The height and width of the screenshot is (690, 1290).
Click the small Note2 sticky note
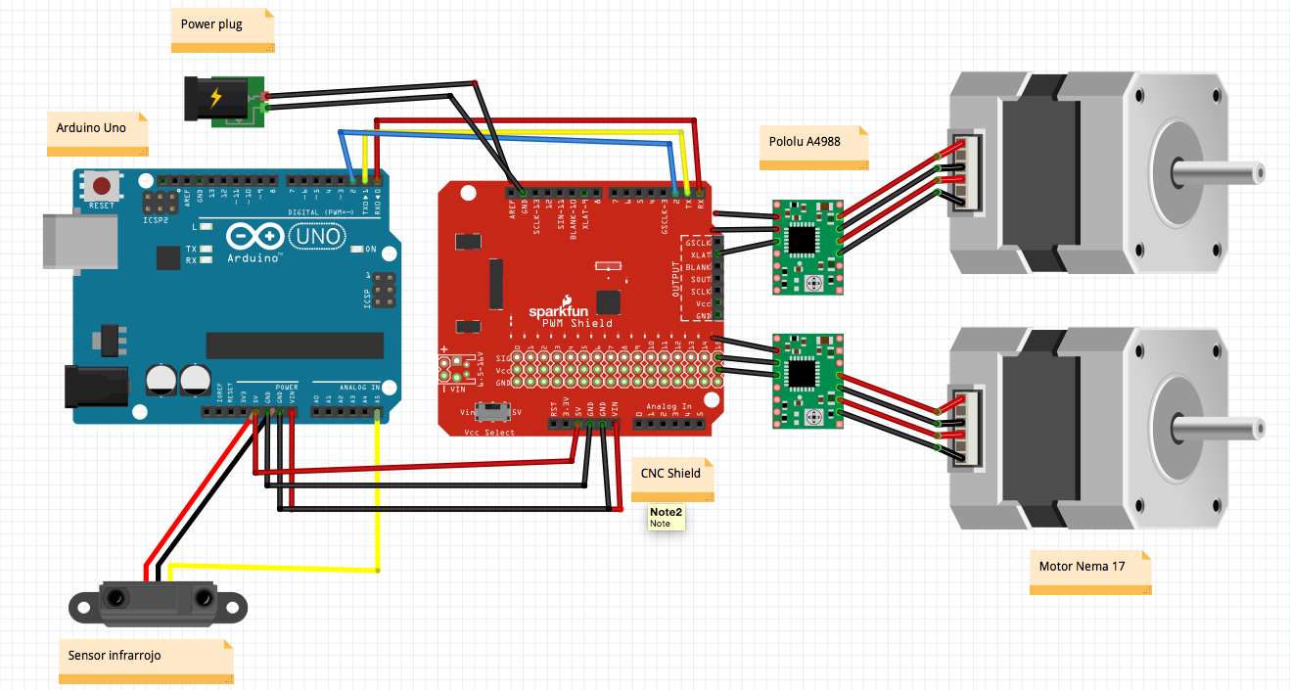[667, 517]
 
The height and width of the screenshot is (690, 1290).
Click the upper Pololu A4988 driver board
[807, 247]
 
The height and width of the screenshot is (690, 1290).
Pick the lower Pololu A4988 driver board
[807, 381]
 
